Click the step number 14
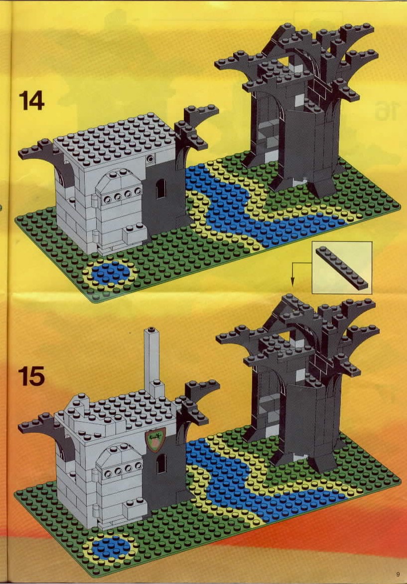pos(31,100)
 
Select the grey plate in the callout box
pos(342,268)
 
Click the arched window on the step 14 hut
pos(160,189)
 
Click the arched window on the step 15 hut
pos(160,463)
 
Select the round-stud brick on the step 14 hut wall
pos(150,159)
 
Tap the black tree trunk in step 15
pos(305,421)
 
